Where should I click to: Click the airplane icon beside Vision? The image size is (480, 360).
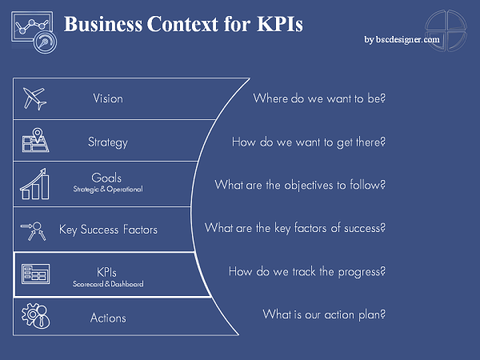35,98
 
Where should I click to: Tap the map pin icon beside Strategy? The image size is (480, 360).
35,140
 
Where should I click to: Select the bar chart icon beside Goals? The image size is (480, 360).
34,184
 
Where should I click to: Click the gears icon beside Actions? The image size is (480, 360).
36,316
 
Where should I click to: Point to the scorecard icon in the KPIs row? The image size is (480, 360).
35,274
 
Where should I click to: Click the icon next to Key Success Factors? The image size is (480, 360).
34,231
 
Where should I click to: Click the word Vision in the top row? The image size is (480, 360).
108,98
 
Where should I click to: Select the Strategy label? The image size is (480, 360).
108,142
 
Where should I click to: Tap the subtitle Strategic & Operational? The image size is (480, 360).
108,189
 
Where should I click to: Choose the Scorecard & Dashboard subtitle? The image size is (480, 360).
108,284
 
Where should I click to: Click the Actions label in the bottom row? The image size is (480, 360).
108,318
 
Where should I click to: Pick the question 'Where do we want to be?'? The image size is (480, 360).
319,98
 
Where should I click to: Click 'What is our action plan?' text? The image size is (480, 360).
324,314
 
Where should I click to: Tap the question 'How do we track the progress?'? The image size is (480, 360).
307,271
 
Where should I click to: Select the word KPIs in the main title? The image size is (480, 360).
280,24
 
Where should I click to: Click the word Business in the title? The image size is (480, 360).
103,24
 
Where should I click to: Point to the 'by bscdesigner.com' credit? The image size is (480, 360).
402,39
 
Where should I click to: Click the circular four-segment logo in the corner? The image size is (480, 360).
446,30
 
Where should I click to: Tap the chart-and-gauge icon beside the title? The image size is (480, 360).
34,32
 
